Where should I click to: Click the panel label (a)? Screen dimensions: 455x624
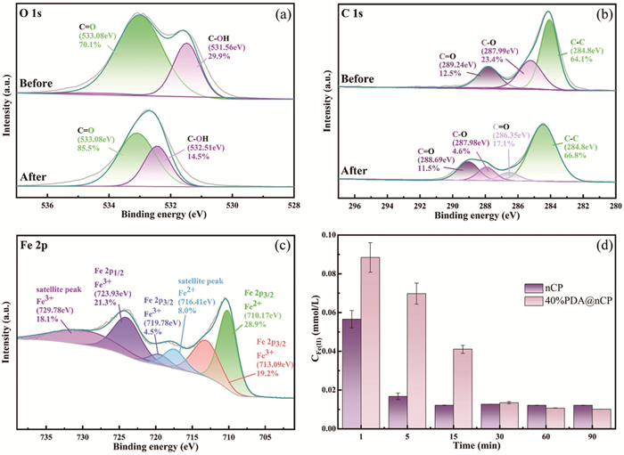point(289,15)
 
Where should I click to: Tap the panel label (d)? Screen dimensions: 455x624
point(602,240)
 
